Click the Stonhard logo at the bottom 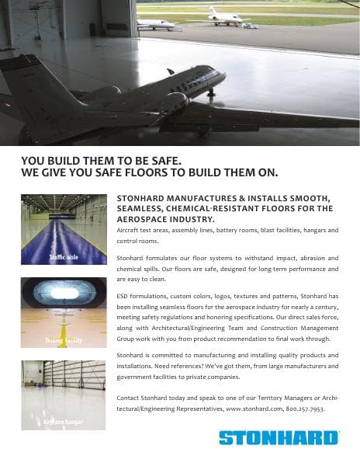point(279,438)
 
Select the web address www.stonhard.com point(254,407)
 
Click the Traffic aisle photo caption point(63,256)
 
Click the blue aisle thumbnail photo point(64,229)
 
